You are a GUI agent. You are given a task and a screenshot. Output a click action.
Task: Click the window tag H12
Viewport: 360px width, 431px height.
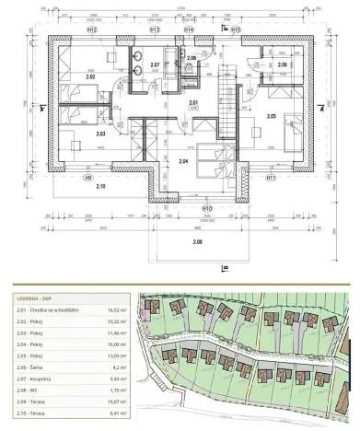point(93,29)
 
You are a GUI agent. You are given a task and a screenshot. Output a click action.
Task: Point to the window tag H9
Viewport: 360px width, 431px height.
point(89,177)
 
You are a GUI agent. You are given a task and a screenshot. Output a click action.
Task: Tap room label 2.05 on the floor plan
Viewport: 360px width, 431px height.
point(273,116)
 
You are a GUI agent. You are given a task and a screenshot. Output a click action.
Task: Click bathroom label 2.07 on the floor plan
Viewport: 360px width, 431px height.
point(156,64)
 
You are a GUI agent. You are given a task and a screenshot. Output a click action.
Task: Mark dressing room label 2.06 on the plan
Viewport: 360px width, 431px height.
point(283,65)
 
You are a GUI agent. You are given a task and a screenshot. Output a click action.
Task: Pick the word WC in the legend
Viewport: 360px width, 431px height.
point(48,390)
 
